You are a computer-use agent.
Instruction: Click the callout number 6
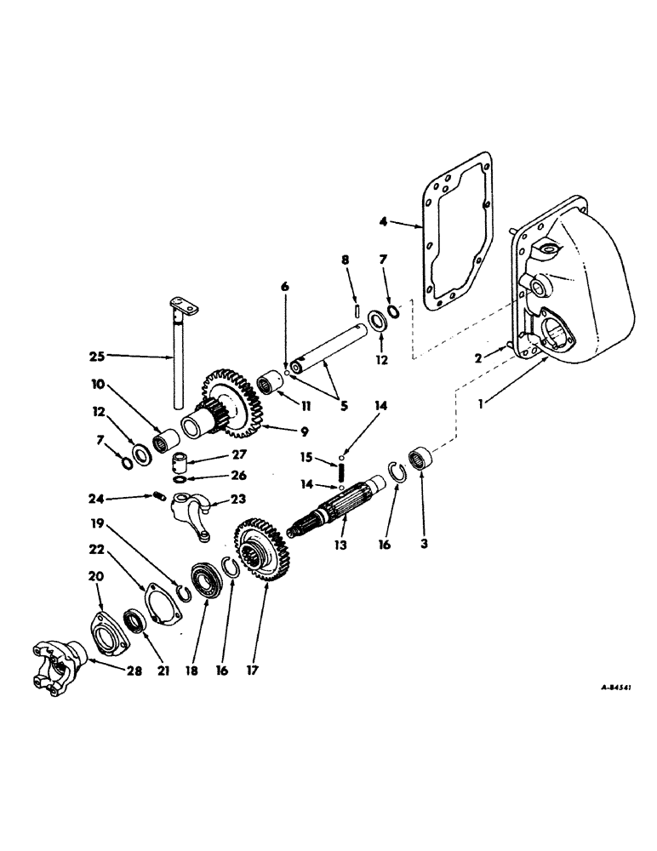(x=285, y=287)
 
